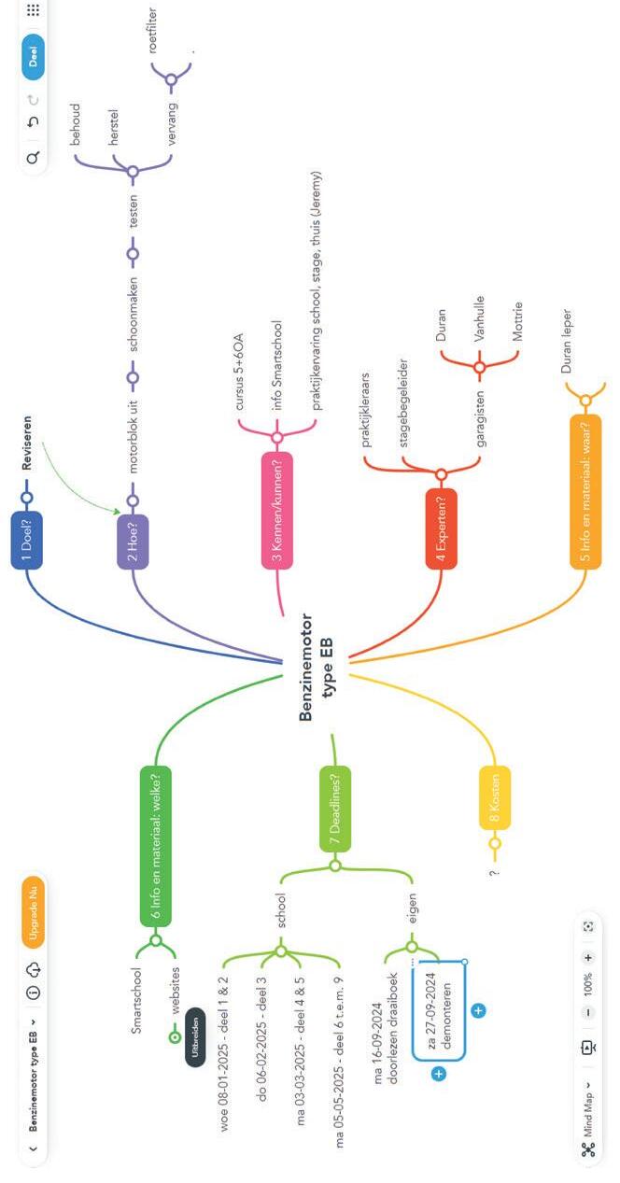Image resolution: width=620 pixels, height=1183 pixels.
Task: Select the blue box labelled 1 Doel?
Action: (27, 540)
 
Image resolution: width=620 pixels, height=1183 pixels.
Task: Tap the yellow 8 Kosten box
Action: (494, 798)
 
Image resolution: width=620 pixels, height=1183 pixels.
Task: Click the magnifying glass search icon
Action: (33, 159)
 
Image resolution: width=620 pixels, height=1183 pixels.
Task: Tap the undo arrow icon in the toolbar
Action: (33, 122)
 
